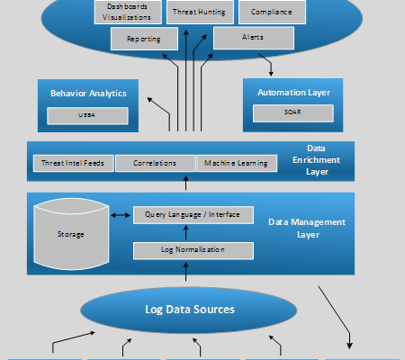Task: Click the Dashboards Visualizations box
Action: click(126, 12)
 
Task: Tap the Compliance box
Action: click(272, 12)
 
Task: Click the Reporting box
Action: click(145, 39)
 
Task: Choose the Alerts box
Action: click(254, 39)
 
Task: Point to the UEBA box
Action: click(88, 115)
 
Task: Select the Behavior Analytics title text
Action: click(88, 93)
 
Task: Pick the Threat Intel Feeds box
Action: click(73, 163)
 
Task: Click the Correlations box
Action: click(156, 163)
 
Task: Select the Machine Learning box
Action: click(235, 163)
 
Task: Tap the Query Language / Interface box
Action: click(193, 215)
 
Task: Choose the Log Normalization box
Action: click(193, 248)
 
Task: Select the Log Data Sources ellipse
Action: click(190, 310)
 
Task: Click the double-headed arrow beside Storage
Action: click(120, 215)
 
